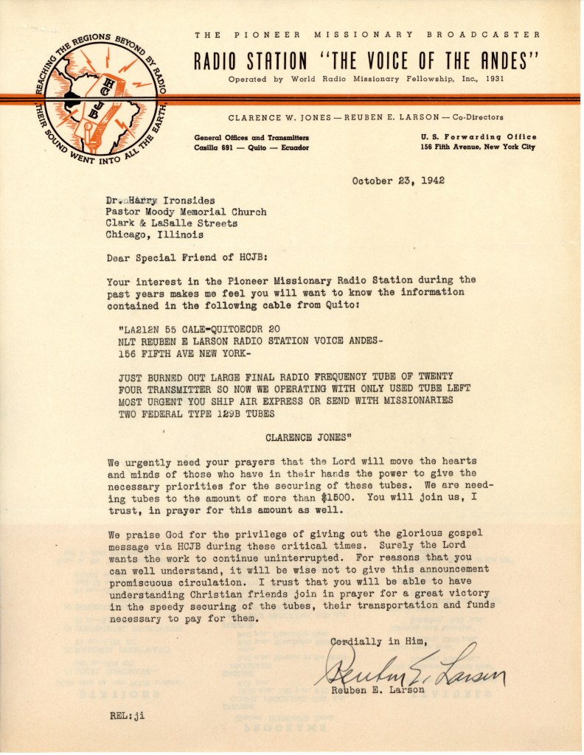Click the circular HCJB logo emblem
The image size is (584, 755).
pos(100,99)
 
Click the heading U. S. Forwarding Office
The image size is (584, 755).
pos(479,137)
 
